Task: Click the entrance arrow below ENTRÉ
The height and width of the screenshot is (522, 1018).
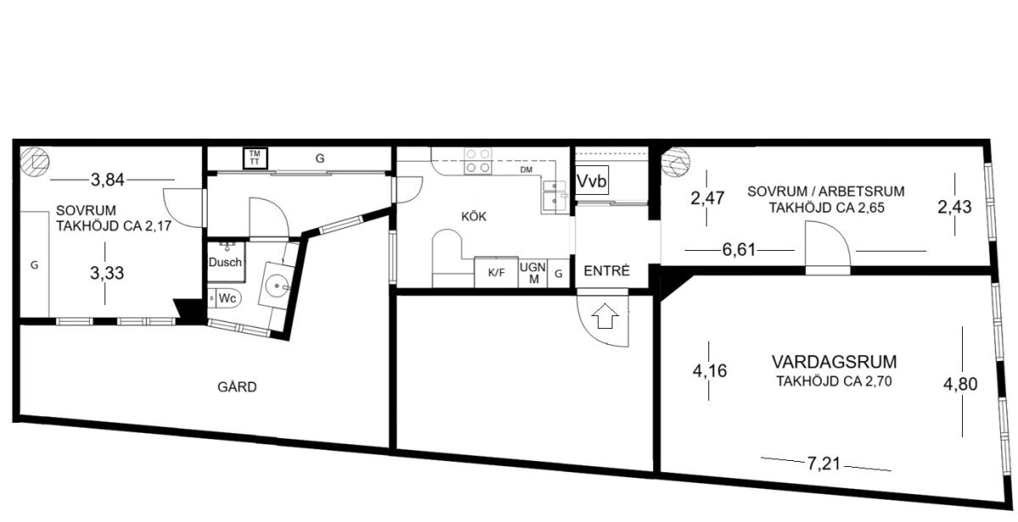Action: [x=606, y=315]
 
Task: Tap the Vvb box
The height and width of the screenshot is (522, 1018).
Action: [x=592, y=180]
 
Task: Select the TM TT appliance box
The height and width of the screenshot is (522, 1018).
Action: [x=255, y=158]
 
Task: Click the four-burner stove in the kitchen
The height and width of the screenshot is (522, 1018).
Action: [x=478, y=161]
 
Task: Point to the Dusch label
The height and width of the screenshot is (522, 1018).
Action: [x=225, y=262]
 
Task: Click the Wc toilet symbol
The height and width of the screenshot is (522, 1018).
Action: [x=226, y=298]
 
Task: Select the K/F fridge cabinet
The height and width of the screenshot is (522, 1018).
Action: [x=496, y=272]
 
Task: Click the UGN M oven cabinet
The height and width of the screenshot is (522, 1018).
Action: [x=533, y=273]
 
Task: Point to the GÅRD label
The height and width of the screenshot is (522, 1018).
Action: [x=237, y=386]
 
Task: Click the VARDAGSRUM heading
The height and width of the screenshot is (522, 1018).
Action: [x=835, y=362]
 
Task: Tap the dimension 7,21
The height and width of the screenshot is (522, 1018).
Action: [x=824, y=464]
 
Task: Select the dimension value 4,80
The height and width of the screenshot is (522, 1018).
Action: [x=960, y=384]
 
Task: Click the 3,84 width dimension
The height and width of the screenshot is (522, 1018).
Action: [x=107, y=180]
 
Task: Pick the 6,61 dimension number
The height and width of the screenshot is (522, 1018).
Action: [x=739, y=250]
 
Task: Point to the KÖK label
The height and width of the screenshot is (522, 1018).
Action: [x=473, y=217]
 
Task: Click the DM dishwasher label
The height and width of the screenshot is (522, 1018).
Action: [x=526, y=169]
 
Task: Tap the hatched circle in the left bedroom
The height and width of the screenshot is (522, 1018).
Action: [x=35, y=162]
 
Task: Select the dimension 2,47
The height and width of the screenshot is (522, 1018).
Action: [x=708, y=198]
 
